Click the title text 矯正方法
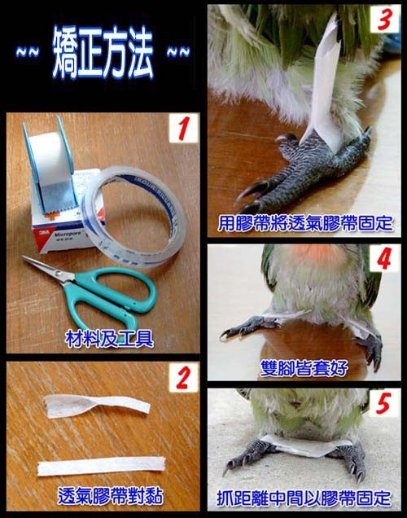[x=103, y=52]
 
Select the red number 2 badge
[x=184, y=377]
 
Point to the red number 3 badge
[x=386, y=20]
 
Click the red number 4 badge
[x=385, y=258]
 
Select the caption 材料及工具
[x=109, y=338]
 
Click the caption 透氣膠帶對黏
[x=110, y=495]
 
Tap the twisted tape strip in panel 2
[x=97, y=406]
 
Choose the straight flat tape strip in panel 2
[x=101, y=467]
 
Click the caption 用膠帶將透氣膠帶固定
[x=304, y=222]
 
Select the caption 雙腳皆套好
[x=304, y=367]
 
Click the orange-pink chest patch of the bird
[x=312, y=252]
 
